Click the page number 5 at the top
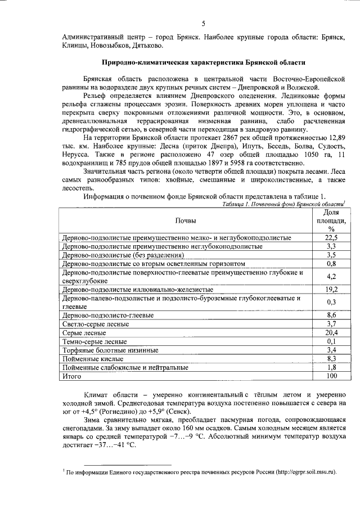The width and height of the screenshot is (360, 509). pyautogui.click(x=204, y=22)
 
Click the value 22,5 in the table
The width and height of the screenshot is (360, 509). pyautogui.click(x=331, y=238)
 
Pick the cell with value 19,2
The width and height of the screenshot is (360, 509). pyautogui.click(x=331, y=289)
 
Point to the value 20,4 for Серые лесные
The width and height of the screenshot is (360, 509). pyautogui.click(x=331, y=333)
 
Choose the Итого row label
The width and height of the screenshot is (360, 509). pyautogui.click(x=72, y=375)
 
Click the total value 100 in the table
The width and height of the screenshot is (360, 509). pyautogui.click(x=331, y=375)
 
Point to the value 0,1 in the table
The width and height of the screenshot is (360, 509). pyautogui.click(x=331, y=341)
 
